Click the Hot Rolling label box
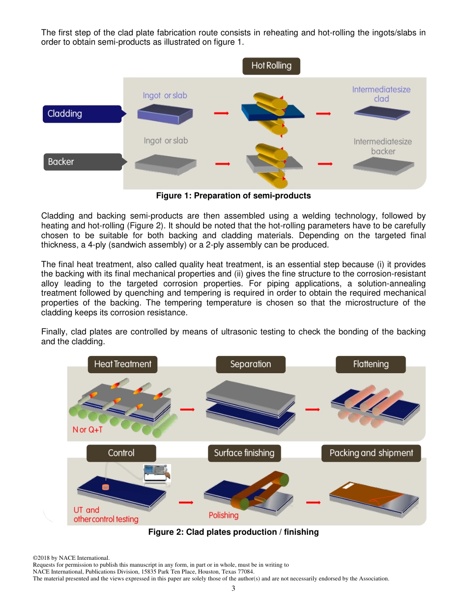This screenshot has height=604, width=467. tap(271, 66)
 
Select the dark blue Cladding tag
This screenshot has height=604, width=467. tap(82, 114)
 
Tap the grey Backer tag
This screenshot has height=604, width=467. tap(82, 162)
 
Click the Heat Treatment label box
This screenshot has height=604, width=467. tap(122, 364)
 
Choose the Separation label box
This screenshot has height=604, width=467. tap(250, 364)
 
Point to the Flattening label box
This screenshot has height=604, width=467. tap(370, 364)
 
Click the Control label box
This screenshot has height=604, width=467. tap(121, 453)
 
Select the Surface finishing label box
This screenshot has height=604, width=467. tap(244, 453)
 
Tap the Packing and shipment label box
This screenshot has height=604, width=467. tap(371, 453)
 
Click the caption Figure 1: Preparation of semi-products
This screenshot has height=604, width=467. tap(233, 196)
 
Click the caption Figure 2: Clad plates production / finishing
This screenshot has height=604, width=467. tap(233, 532)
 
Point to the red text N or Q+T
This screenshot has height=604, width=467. tap(88, 430)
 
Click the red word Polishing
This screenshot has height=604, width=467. tap(223, 515)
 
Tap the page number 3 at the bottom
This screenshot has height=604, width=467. tap(233, 588)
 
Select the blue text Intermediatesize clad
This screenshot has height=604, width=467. tap(381, 94)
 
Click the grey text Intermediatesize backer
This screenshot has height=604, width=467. tap(382, 146)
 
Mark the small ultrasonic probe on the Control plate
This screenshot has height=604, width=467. tap(105, 487)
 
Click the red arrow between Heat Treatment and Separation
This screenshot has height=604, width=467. tap(188, 409)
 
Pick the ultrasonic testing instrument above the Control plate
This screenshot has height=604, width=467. tap(156, 473)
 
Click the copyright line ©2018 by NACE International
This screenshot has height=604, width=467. tap(71, 558)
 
